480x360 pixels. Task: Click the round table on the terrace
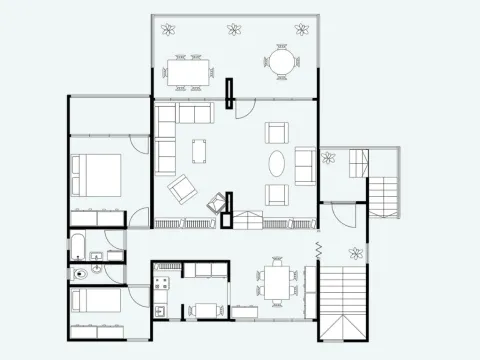281,63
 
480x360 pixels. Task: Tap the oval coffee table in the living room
277,163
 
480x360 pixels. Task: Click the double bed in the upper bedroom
96,176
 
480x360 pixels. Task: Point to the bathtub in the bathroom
78,247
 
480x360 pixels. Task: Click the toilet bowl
79,272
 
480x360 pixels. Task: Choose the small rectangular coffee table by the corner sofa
201,150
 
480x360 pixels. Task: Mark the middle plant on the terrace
235,30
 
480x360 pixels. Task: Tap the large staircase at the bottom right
341,300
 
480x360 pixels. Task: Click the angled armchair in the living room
181,188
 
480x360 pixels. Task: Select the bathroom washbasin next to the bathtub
96,256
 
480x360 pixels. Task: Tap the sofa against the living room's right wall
304,166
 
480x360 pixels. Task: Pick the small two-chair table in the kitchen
207,309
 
